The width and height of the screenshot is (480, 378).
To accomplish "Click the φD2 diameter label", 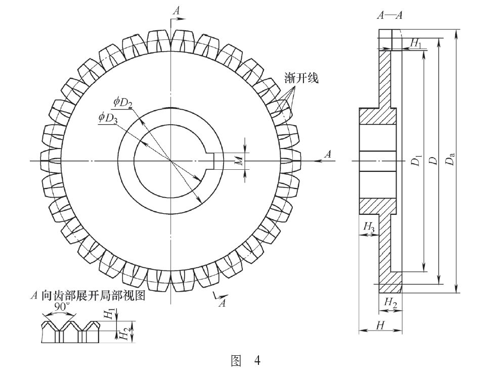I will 123,104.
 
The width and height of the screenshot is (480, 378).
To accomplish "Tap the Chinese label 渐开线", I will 302,79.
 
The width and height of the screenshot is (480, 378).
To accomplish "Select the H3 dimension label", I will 370,228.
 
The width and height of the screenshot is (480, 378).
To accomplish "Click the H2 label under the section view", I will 390,302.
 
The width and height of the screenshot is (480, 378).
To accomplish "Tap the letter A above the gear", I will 176,10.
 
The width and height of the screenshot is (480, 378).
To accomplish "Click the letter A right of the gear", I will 327,154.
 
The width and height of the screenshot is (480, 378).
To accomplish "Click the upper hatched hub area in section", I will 377,116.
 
